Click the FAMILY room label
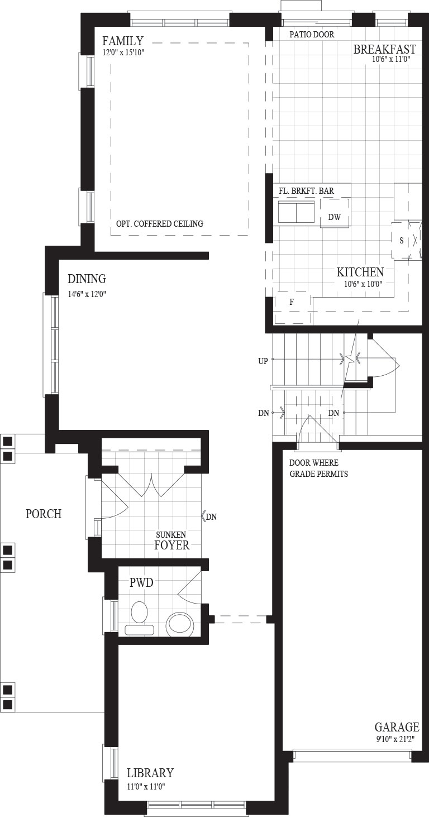point(123,41)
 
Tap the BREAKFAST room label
point(384,49)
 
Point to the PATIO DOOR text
point(312,35)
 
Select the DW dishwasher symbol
point(335,217)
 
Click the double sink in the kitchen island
point(296,212)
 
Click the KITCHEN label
point(360,272)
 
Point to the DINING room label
point(87,279)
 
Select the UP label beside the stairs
point(263,361)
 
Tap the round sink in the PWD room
point(180,625)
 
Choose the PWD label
point(141,583)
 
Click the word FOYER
point(171,545)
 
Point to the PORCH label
point(44,514)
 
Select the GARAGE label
point(397,727)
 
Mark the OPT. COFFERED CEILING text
point(160,224)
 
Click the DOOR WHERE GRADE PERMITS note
point(318,468)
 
